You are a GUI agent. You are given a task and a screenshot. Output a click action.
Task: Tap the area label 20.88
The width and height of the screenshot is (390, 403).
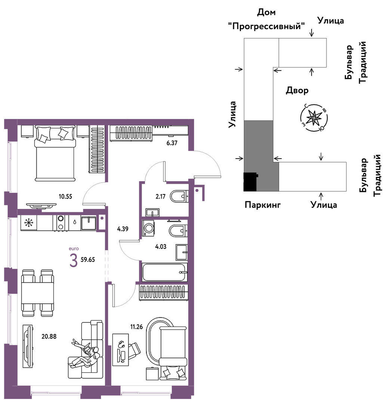[49, 336]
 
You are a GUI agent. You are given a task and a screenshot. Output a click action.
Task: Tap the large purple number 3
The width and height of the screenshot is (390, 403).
[73, 260]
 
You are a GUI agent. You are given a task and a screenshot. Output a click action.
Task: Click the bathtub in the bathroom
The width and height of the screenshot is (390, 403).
[164, 273]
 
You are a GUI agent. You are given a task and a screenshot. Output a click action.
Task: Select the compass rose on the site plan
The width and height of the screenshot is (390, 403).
[314, 118]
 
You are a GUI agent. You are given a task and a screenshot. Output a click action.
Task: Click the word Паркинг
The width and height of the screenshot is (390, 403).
[263, 204]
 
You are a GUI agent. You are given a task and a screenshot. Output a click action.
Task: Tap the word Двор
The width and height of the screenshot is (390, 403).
[297, 90]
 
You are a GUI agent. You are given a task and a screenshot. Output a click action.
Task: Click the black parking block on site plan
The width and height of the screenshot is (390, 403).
[250, 182]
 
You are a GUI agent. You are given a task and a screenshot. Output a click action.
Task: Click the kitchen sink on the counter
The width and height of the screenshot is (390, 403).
[89, 224]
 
